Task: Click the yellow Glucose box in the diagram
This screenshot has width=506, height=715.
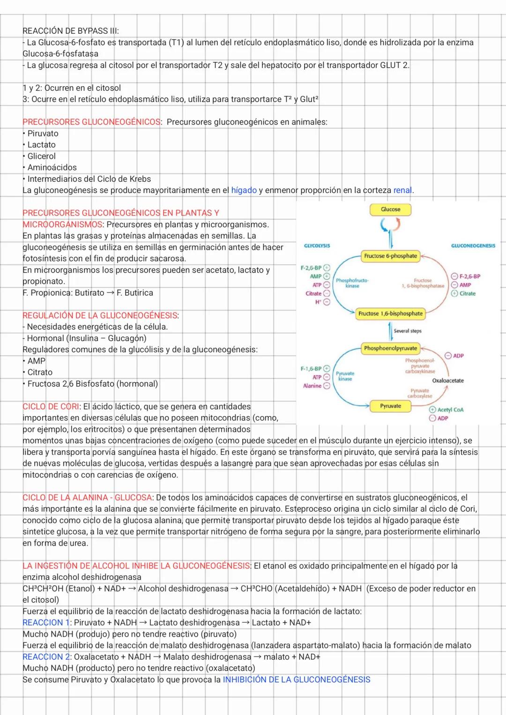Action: pos(390,209)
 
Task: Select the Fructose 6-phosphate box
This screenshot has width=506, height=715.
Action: pos(390,256)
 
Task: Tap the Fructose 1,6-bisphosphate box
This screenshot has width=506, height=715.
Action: pos(390,313)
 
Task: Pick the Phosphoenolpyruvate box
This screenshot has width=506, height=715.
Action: pos(390,348)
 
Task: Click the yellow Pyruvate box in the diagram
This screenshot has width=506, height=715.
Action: pos(390,406)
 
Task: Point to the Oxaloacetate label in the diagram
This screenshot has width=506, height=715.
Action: pos(448,380)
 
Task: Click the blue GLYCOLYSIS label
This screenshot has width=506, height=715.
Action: pos(317,246)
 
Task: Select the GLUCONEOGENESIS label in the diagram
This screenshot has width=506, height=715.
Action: pos(473,246)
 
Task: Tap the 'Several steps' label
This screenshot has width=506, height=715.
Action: pos(407,331)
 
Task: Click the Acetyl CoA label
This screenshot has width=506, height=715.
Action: pos(450,410)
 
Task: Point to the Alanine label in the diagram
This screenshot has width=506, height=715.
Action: pos(312,386)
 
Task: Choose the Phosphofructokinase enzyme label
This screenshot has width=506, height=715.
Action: pos(352,283)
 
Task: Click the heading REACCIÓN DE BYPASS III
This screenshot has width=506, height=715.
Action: pos(71,31)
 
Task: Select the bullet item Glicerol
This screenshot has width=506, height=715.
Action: pos(41,156)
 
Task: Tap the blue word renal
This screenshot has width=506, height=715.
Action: pos(402,190)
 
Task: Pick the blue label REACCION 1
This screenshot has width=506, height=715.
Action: pos(46,622)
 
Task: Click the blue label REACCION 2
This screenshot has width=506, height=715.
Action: pos(46,656)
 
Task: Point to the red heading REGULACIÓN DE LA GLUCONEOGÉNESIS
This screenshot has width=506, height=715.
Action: pos(100,315)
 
